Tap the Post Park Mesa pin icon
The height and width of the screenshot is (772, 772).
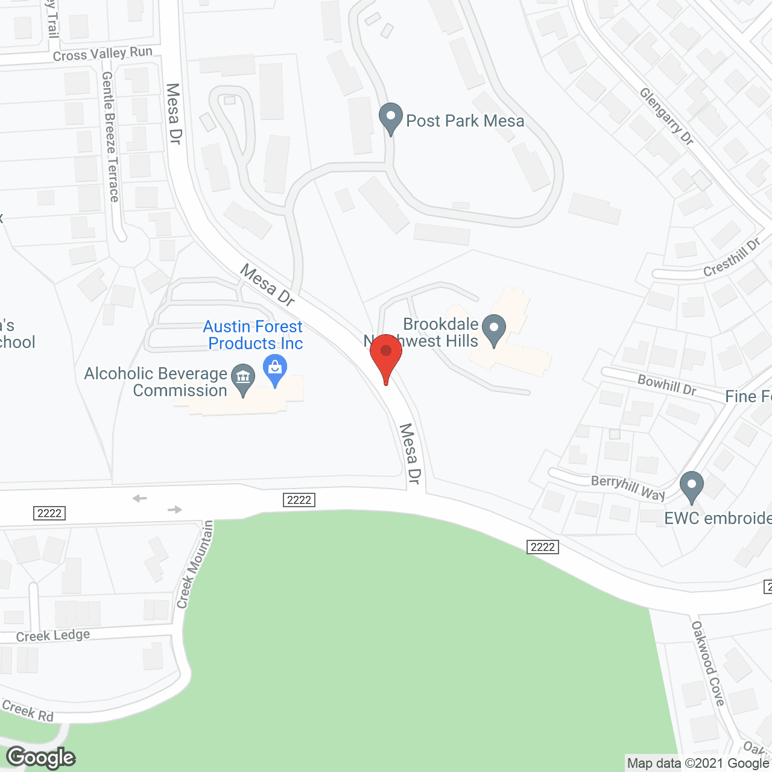tap(390, 117)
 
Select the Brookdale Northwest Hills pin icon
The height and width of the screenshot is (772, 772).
tap(494, 329)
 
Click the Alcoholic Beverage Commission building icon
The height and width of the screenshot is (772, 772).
tap(243, 378)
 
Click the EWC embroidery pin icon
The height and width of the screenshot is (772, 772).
tap(692, 485)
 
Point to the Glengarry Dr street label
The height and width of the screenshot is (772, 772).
tap(666, 116)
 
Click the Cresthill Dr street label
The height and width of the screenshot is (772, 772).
tap(732, 258)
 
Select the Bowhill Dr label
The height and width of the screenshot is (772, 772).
tap(667, 385)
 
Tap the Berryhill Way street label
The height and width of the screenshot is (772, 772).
tap(628, 488)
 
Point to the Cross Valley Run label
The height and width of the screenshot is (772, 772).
tap(103, 54)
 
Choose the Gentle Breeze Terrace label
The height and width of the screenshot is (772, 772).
tap(110, 137)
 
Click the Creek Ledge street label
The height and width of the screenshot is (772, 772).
tap(53, 636)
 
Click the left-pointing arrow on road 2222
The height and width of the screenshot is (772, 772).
tap(140, 498)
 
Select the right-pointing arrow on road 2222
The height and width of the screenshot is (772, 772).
tap(175, 510)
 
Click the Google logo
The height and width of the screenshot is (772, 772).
tap(40, 757)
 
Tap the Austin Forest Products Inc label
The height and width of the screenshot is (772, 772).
tap(254, 335)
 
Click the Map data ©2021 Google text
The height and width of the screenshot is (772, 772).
tap(698, 763)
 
